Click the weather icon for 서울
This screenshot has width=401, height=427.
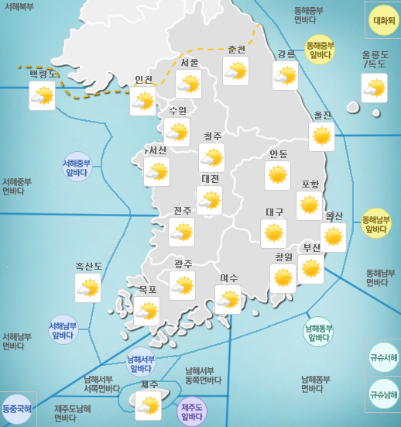point(188,84)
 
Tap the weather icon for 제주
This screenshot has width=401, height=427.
point(148,405)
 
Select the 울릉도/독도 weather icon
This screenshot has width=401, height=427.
point(374,88)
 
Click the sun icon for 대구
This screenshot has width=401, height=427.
point(273,233)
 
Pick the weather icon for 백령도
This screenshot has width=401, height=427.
point(43,95)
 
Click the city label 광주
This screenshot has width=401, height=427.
point(183,264)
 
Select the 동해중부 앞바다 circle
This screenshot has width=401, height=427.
point(320,49)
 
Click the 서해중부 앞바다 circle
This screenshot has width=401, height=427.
point(77,167)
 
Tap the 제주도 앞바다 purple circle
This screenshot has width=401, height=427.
point(191,412)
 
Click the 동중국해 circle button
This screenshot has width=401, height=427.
point(17,408)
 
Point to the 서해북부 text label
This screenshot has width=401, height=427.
point(19,6)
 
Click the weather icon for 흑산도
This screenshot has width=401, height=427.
point(87,289)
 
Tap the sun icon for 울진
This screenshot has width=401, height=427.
point(321,136)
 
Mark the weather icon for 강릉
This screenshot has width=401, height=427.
point(285,75)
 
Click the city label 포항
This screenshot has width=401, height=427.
point(310,184)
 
